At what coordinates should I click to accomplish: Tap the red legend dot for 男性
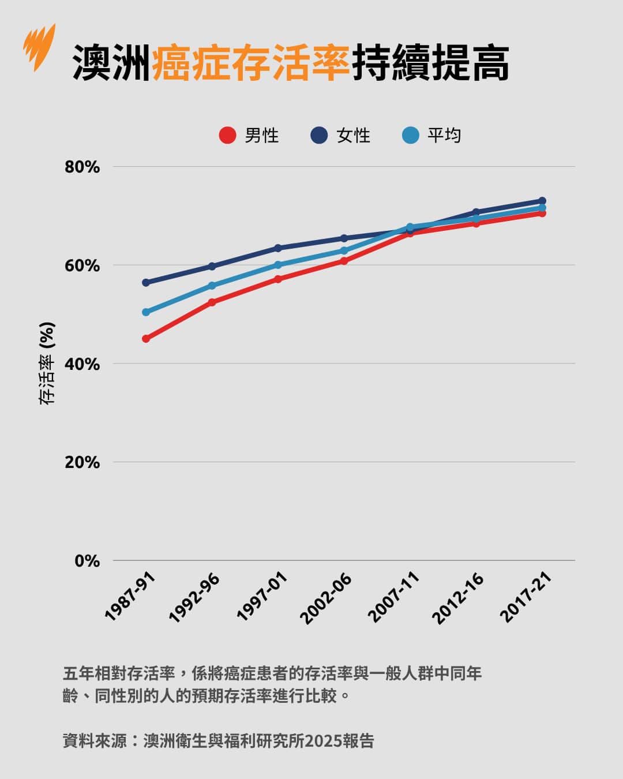point(228,136)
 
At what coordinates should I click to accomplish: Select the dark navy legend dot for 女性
point(319,136)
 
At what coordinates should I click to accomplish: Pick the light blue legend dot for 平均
point(410,136)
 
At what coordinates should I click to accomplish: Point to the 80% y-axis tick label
point(82,167)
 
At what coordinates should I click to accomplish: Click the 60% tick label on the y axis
point(82,266)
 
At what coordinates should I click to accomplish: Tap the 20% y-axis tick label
point(82,463)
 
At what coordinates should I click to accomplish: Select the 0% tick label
point(87,561)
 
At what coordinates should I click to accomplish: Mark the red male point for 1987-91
point(146,339)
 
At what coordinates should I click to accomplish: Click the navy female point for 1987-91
point(146,283)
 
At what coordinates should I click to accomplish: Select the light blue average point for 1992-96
point(212,286)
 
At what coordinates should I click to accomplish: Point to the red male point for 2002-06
point(344,261)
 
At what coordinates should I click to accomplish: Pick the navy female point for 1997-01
point(278,248)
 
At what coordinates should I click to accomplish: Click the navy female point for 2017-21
point(542,201)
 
